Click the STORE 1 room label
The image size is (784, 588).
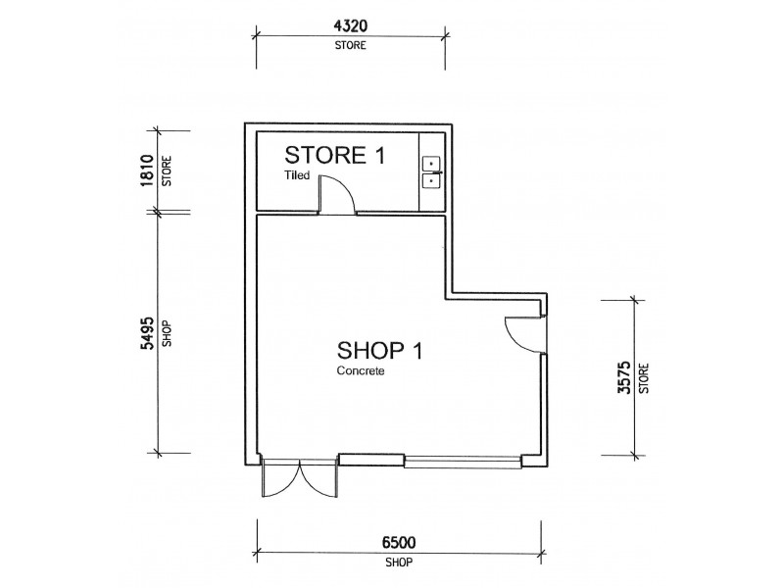pyautogui.click(x=335, y=156)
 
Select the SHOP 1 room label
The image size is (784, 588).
pyautogui.click(x=379, y=350)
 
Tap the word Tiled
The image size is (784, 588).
pyautogui.click(x=298, y=176)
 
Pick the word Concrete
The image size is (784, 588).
pyautogui.click(x=358, y=372)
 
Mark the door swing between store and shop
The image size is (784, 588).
pyautogui.click(x=336, y=193)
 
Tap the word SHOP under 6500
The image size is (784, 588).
pyautogui.click(x=397, y=564)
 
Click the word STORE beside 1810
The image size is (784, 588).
pyautogui.click(x=167, y=171)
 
